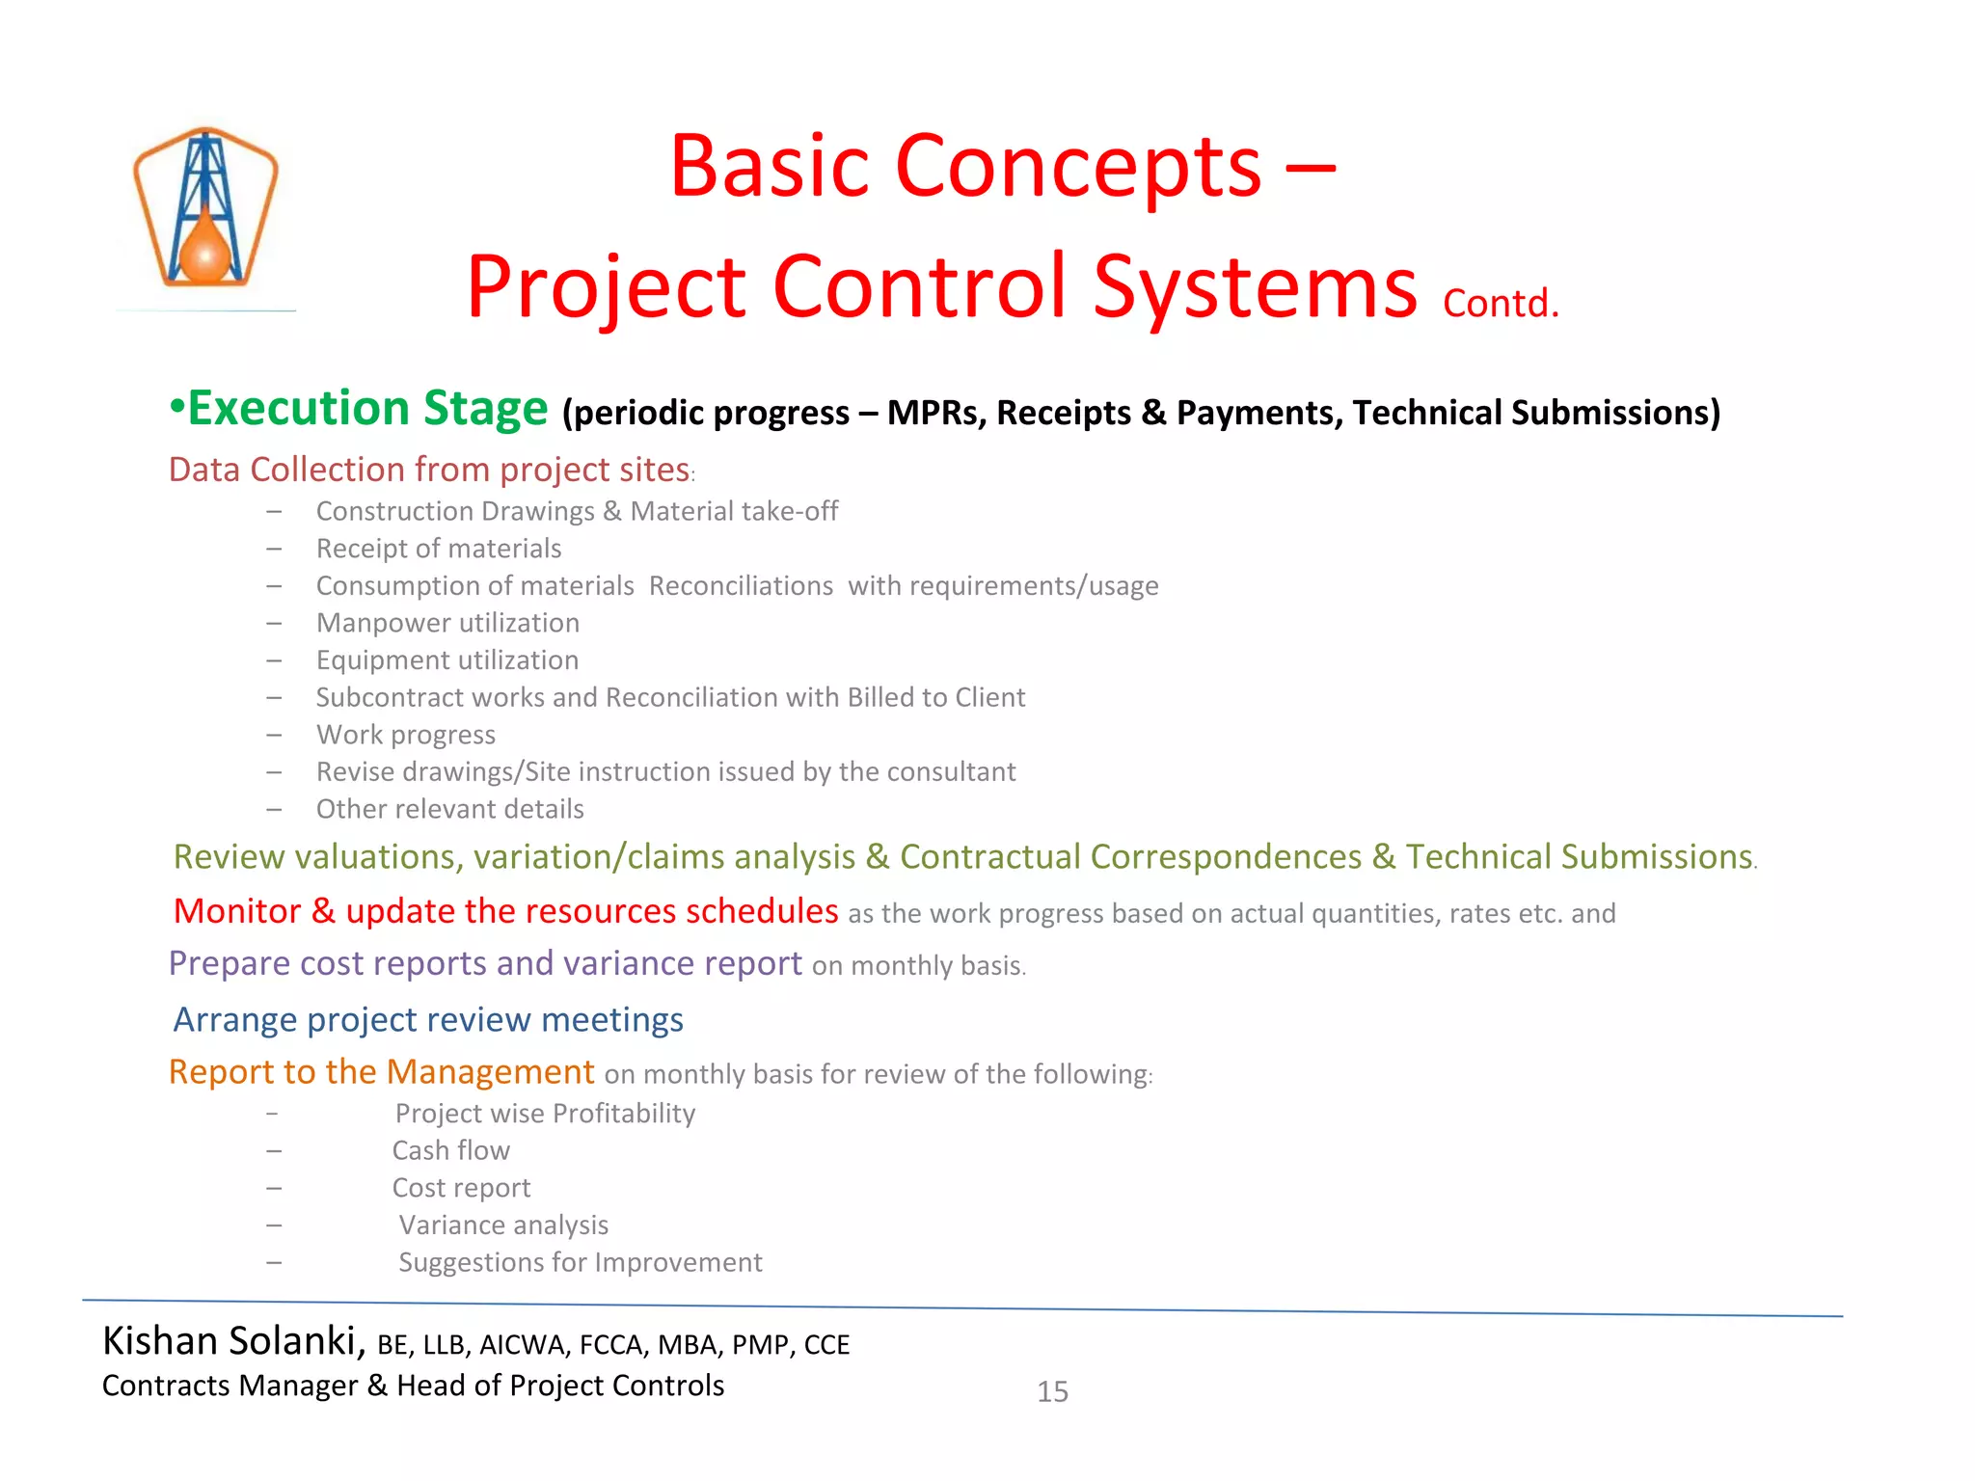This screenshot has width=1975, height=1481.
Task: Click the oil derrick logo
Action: click(x=205, y=208)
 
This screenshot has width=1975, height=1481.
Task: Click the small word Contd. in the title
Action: click(x=1501, y=304)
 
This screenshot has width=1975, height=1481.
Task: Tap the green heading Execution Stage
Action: click(x=366, y=409)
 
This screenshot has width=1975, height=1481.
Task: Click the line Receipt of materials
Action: click(x=439, y=549)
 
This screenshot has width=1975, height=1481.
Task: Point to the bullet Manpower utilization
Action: click(x=447, y=623)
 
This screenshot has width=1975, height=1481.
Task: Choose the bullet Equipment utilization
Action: click(x=447, y=660)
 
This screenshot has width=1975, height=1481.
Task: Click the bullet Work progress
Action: click(x=406, y=735)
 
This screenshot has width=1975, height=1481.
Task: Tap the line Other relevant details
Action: click(x=450, y=809)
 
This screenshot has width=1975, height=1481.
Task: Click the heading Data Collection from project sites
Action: click(x=430, y=470)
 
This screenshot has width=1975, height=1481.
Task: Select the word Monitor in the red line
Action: click(x=237, y=911)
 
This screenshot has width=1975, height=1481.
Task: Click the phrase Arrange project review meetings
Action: click(x=428, y=1019)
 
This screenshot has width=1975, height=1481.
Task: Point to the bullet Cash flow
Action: click(x=451, y=1150)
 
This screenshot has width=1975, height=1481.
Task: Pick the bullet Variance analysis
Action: click(x=503, y=1225)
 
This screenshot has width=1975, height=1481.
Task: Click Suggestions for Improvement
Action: click(x=580, y=1262)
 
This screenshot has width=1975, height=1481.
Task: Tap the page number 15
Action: click(x=1052, y=1391)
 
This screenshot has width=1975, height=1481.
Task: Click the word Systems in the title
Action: click(x=1255, y=286)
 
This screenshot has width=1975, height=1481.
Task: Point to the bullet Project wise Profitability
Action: click(x=545, y=1114)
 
